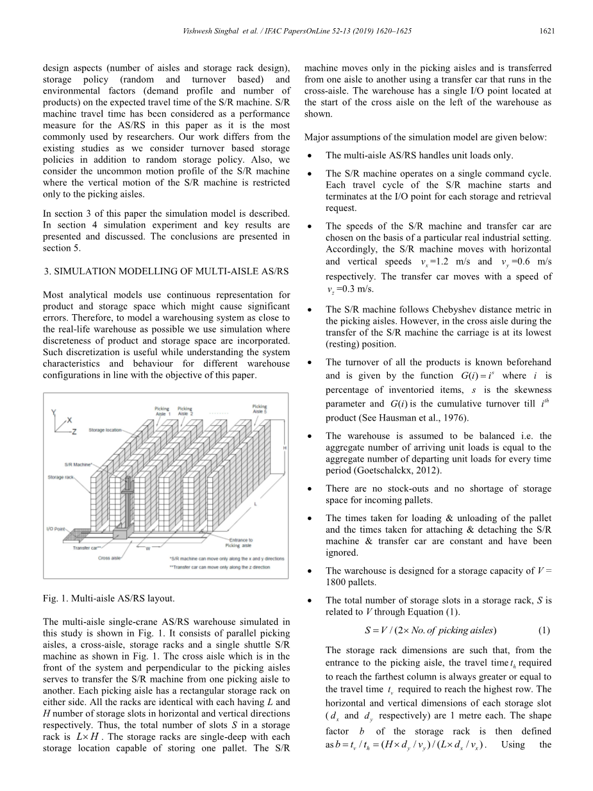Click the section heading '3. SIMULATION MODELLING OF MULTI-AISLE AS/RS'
tap(166, 272)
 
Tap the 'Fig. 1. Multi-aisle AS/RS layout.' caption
tap(108, 599)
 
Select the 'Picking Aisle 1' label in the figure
tap(162, 412)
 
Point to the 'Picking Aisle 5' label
tap(260, 410)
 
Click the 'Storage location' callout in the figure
tap(105, 429)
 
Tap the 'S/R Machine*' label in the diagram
tap(78, 463)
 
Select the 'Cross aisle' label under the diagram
tap(109, 558)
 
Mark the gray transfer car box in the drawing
tap(120, 533)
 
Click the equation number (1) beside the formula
tap(544, 629)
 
